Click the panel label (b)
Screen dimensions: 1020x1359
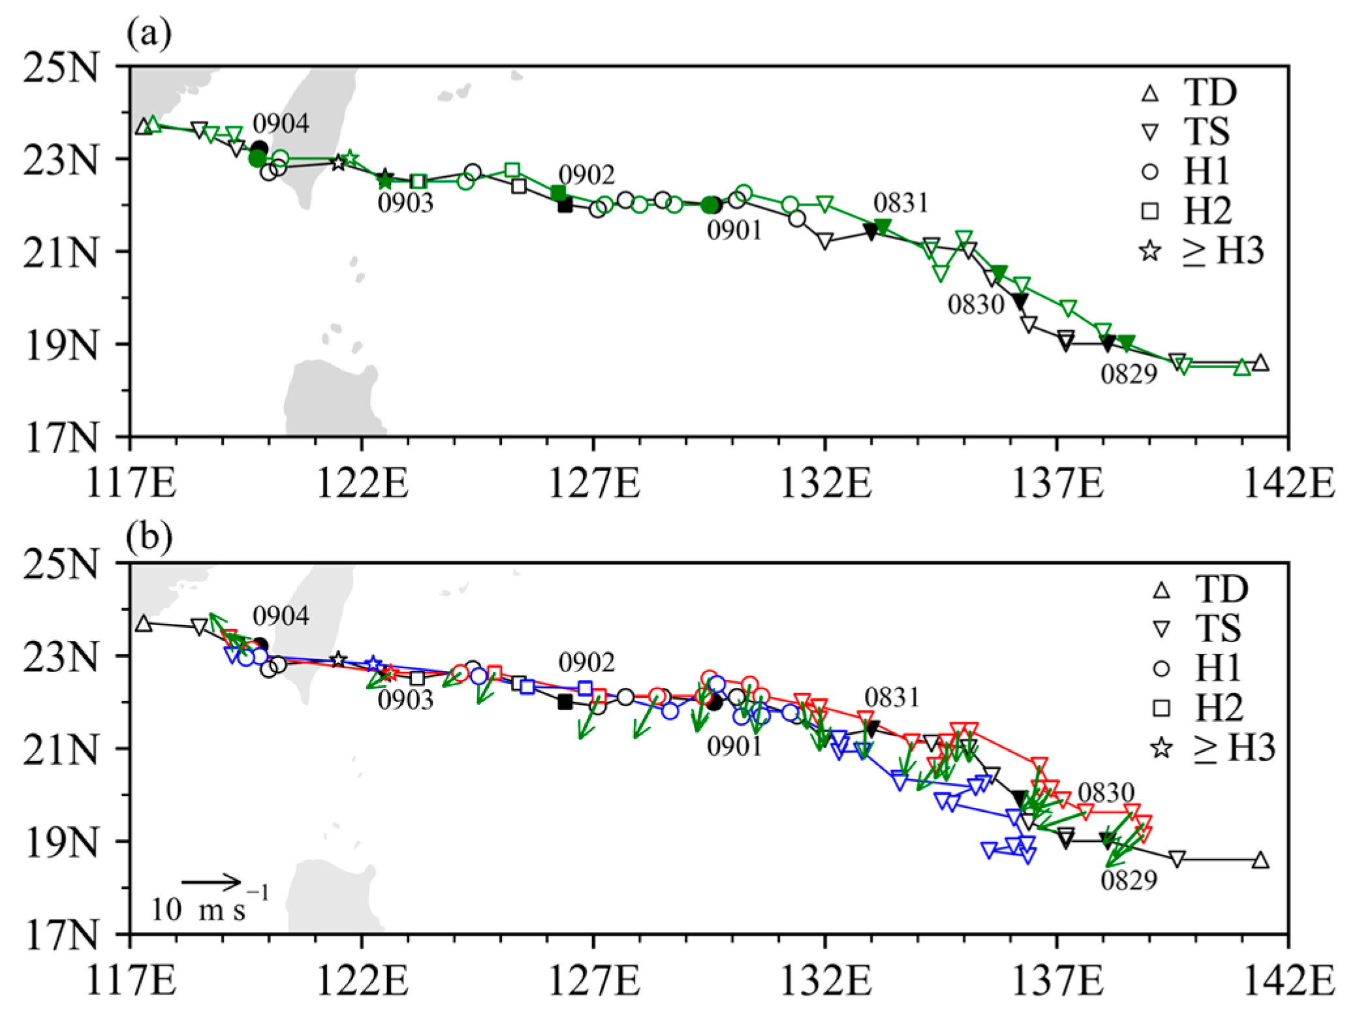(149, 536)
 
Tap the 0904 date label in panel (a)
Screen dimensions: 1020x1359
(281, 123)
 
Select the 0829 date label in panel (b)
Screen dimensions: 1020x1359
(1129, 880)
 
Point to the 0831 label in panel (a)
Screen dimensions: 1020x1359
(900, 203)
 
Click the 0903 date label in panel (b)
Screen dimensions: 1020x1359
(405, 700)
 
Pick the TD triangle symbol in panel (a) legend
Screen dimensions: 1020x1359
(1150, 94)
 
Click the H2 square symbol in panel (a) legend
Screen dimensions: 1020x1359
(1150, 211)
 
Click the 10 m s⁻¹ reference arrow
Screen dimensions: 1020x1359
(211, 882)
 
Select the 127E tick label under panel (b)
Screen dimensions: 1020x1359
(593, 981)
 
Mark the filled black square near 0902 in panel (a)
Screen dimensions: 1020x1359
(565, 206)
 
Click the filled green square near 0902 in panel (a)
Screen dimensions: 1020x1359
(558, 193)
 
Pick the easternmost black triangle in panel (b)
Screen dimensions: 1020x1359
(1261, 860)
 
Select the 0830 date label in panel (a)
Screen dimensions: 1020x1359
(975, 305)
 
